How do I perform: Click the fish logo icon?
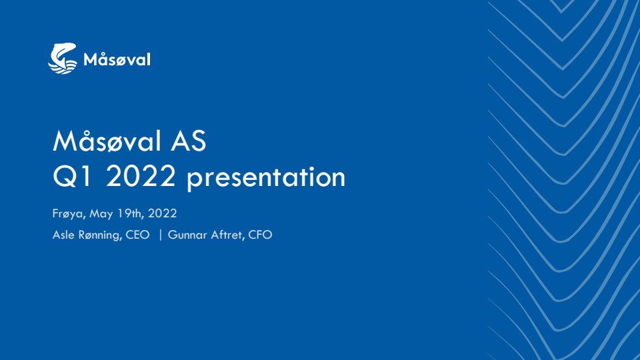tap(63, 59)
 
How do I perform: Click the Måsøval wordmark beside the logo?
tap(117, 59)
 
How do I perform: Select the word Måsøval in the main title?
tap(107, 141)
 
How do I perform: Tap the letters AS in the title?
tap(189, 141)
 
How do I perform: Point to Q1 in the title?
tap(72, 176)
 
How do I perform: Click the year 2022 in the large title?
tap(141, 176)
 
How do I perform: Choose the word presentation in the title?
tap(266, 178)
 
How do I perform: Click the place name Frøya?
tap(69, 213)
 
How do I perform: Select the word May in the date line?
tap(101, 214)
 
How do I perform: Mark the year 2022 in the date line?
tap(163, 213)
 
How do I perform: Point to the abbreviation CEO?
tap(137, 235)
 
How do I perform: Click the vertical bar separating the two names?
tap(161, 235)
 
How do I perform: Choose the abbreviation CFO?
tap(260, 235)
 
